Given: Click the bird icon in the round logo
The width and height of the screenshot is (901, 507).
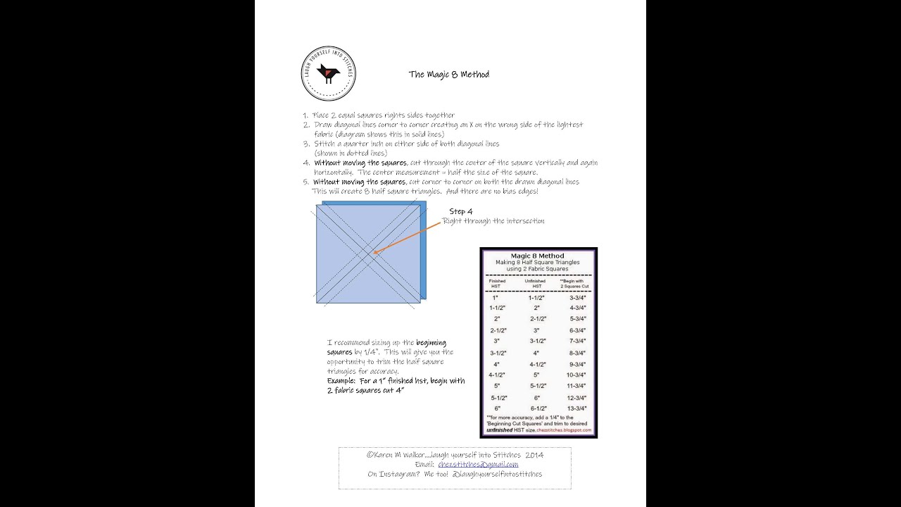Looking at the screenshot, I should coord(327,73).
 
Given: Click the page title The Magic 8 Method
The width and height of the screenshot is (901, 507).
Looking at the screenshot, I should coord(448,75).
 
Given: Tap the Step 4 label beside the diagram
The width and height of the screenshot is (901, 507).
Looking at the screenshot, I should coord(460,211).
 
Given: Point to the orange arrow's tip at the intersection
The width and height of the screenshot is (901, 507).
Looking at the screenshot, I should coord(374,253).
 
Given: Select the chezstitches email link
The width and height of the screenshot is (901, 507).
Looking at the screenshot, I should coord(478,465).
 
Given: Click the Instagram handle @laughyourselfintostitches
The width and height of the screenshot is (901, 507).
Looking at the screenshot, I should coord(498,475).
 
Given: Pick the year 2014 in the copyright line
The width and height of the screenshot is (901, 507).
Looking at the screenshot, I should coord(534,455).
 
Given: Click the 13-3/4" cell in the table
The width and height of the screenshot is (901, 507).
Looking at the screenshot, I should coord(576,408).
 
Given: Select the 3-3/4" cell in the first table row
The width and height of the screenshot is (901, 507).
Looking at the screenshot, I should coord(576,297).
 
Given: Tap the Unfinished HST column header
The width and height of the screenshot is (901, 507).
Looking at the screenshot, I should coord(537,283).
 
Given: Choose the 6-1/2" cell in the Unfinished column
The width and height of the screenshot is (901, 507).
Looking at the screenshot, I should coord(538,408).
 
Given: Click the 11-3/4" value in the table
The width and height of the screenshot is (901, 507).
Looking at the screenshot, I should coord(576,386).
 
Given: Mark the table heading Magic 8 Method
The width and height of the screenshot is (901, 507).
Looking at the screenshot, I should coord(537,256).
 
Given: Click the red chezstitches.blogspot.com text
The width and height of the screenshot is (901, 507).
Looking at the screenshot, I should coord(565,430).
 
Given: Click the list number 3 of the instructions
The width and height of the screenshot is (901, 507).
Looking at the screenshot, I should coord(306,144).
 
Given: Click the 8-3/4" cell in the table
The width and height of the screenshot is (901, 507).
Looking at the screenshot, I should coord(576,353).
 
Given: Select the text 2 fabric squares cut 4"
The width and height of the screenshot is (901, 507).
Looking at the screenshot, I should coord(365,390).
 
